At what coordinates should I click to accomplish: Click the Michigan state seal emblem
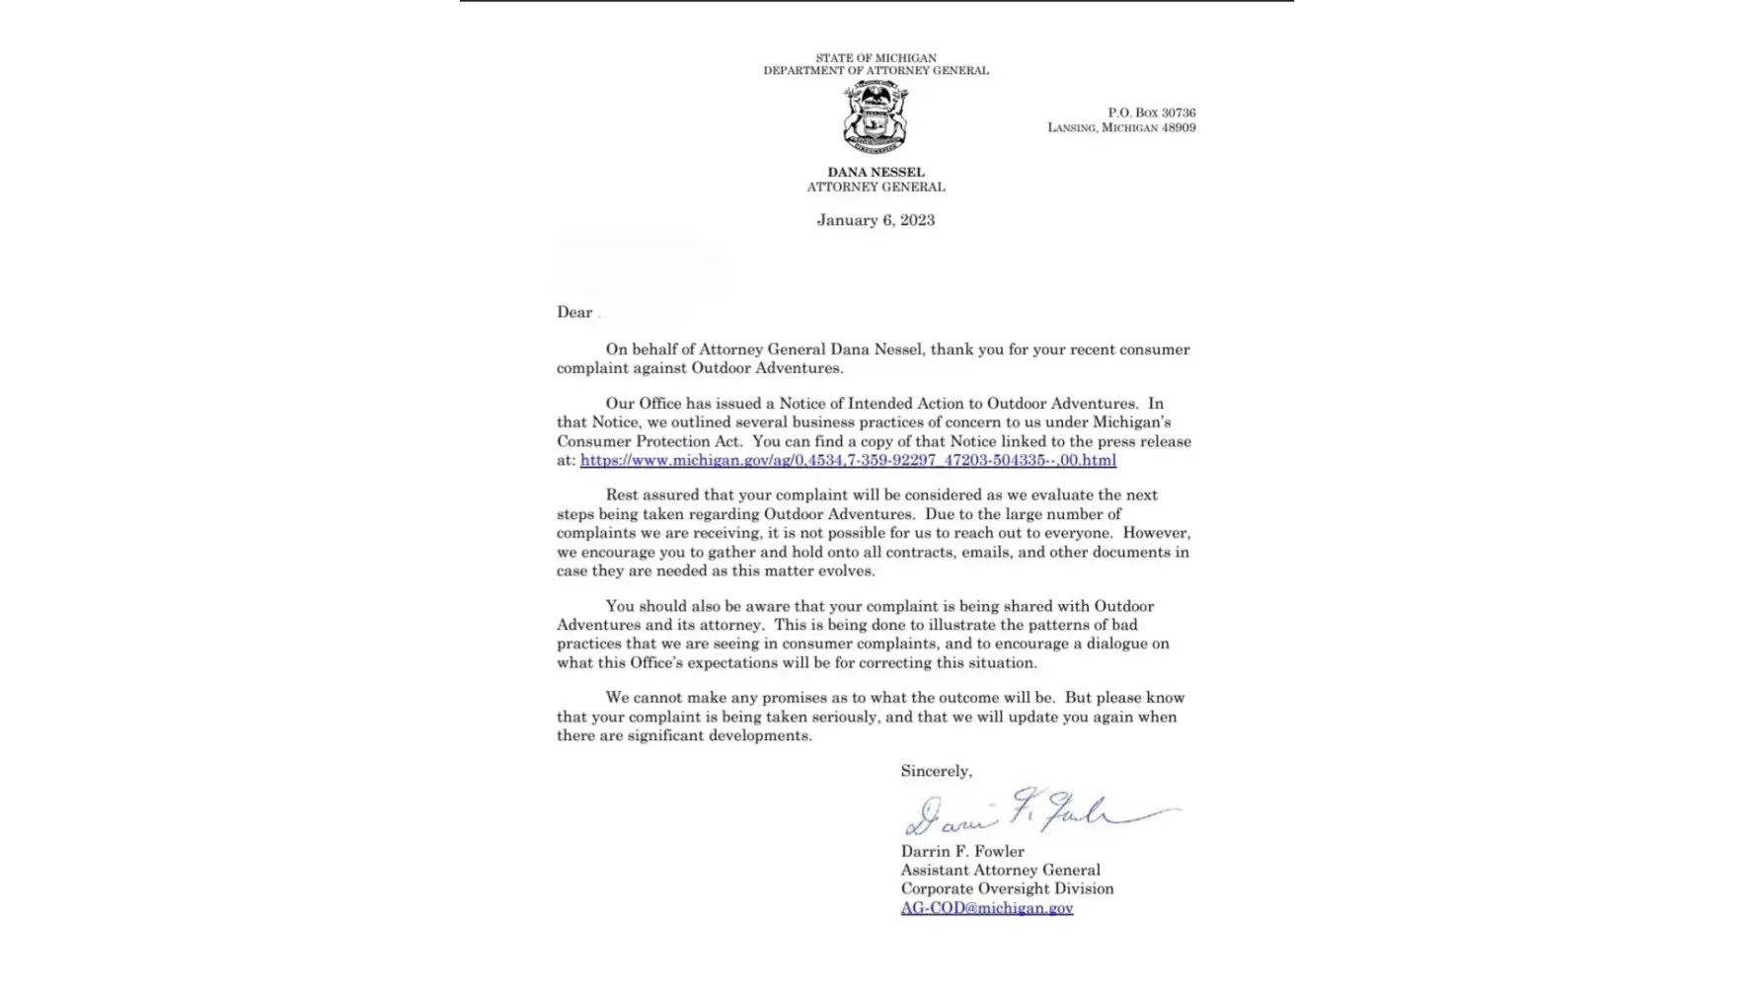click(876, 117)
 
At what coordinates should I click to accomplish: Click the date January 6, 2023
click(876, 220)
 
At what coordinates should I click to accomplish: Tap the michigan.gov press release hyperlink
click(848, 460)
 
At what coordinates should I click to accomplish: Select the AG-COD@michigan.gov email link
click(986, 908)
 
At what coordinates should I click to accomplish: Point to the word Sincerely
click(936, 771)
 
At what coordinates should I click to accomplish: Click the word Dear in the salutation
click(574, 313)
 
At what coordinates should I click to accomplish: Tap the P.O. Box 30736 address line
click(1151, 113)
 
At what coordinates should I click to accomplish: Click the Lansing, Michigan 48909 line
click(1121, 127)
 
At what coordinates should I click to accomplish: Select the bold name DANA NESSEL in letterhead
click(876, 172)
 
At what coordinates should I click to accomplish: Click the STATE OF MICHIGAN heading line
click(876, 58)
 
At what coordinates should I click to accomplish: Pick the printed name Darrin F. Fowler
click(962, 851)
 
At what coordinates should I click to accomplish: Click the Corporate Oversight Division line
click(1007, 888)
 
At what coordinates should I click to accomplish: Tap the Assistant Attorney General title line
click(1000, 870)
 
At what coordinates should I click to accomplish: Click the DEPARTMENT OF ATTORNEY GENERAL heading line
click(876, 71)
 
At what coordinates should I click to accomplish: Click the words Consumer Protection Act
click(649, 441)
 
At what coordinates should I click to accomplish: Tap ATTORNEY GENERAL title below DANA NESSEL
click(876, 187)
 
